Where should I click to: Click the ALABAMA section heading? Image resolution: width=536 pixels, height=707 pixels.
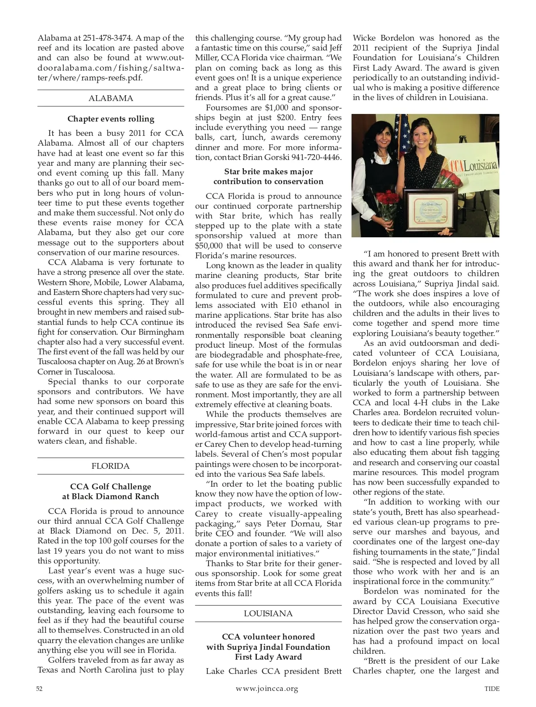click(110, 98)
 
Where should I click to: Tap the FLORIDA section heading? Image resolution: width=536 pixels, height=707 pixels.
click(110, 466)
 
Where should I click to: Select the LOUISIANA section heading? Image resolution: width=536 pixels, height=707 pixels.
click(268, 614)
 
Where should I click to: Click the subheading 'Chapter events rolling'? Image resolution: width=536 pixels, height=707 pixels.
click(111, 119)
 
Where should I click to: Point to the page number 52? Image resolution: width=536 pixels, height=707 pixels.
click(39, 689)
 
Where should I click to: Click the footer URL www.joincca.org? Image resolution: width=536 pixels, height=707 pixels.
click(267, 689)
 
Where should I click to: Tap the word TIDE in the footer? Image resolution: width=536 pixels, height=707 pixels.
click(492, 689)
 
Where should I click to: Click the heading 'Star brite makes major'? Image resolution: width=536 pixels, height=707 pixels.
click(268, 172)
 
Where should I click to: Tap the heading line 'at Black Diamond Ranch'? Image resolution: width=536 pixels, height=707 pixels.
click(110, 497)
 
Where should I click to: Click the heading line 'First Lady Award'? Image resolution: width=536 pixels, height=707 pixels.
click(268, 657)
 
